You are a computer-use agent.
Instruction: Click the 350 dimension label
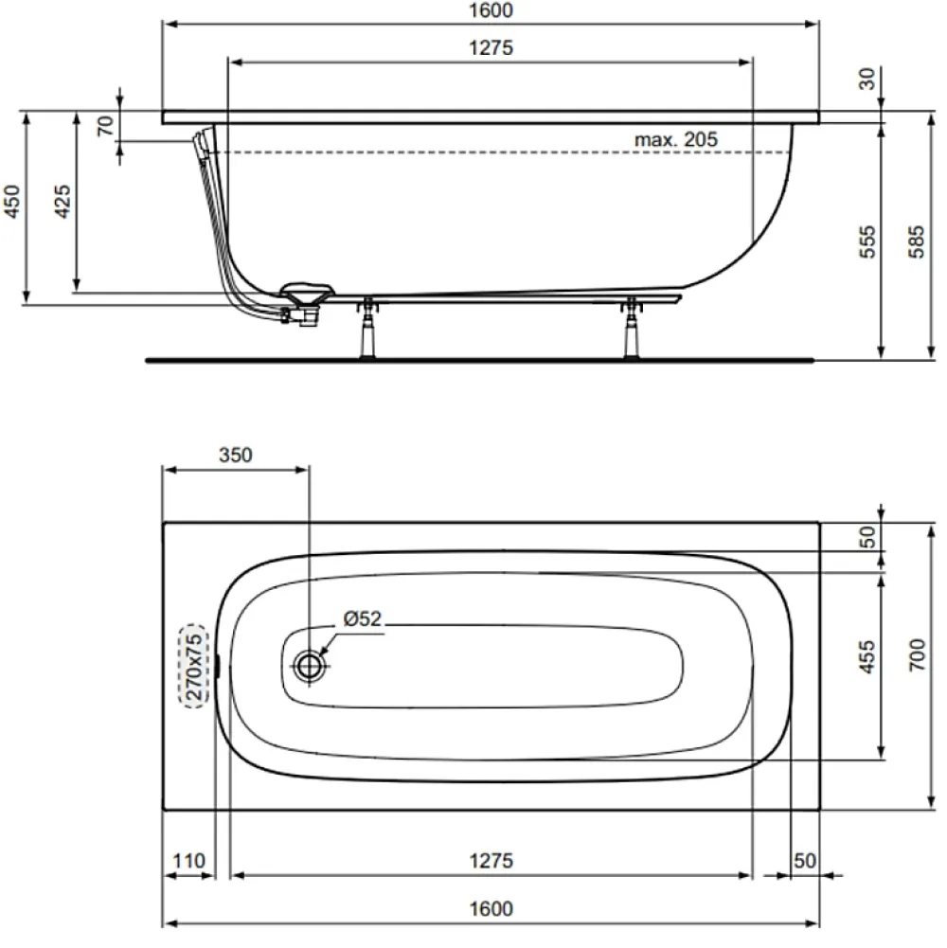(x=235, y=455)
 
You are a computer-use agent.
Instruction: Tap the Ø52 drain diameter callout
(x=363, y=618)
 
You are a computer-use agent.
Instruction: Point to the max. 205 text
(x=675, y=139)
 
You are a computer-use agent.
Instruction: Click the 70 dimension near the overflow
(x=105, y=126)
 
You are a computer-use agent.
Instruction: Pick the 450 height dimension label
(x=12, y=202)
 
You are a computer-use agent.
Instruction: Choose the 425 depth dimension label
(x=63, y=202)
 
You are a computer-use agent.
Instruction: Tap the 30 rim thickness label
(x=867, y=79)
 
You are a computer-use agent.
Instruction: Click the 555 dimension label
(x=867, y=241)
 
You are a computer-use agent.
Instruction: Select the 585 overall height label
(x=916, y=241)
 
